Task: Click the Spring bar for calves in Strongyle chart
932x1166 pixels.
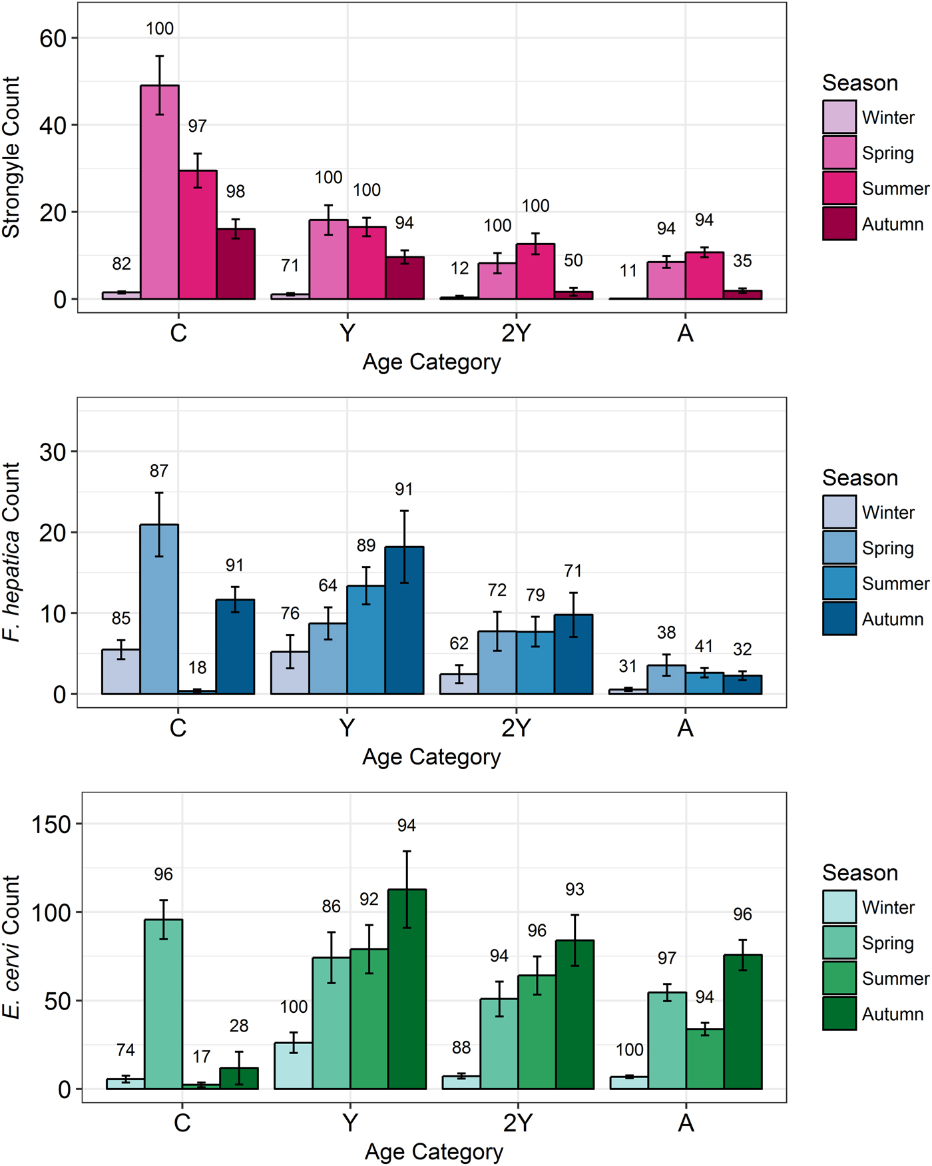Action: tap(160, 193)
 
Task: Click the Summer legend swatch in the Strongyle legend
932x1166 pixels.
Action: tap(839, 188)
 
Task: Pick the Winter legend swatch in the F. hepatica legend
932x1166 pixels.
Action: tap(839, 512)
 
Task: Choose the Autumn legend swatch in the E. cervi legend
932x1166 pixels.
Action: tap(839, 1014)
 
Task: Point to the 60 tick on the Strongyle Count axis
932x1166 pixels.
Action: tap(53, 39)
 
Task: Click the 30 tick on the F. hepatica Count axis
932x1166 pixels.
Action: tap(53, 452)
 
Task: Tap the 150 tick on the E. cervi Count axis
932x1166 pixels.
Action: tap(51, 824)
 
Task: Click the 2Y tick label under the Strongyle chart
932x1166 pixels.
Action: tap(517, 332)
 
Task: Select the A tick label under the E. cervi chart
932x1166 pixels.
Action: tap(686, 1123)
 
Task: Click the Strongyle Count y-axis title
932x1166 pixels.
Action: tap(12, 157)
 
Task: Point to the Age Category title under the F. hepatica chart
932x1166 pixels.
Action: tap(431, 757)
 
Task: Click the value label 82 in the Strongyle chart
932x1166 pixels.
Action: tap(122, 264)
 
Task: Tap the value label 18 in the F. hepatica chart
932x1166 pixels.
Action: tap(197, 668)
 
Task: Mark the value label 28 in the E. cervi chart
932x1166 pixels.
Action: tap(239, 1026)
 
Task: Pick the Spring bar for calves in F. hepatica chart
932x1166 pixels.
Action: tap(159, 609)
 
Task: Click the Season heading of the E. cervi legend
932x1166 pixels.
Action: tap(859, 873)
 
